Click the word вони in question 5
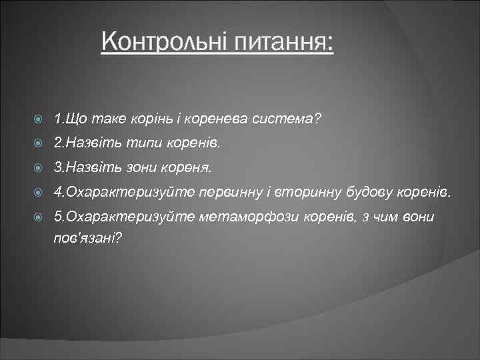(417, 217)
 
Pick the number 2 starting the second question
(58, 143)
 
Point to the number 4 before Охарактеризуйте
(58, 193)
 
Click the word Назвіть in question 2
(88, 143)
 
